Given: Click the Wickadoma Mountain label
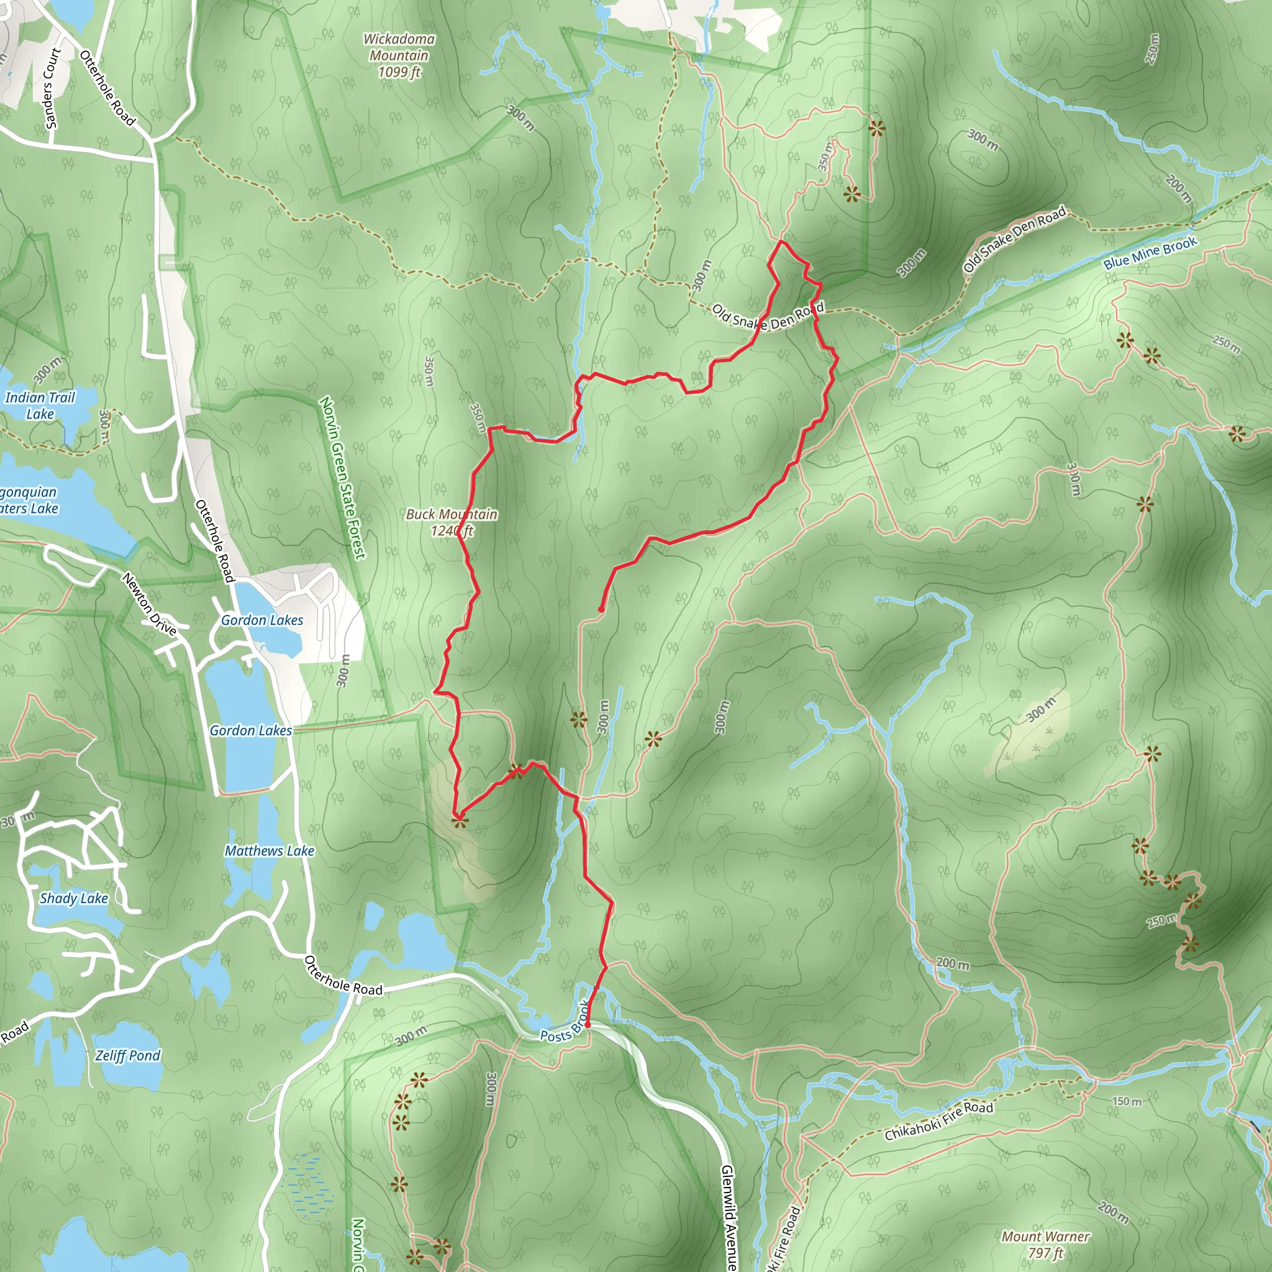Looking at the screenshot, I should [x=399, y=56].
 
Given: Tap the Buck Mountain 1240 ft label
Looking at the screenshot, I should [x=452, y=522].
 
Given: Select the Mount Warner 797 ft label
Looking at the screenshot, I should [x=1045, y=1244].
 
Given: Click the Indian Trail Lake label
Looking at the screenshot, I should [x=40, y=406].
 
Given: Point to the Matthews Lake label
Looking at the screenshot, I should [x=270, y=851].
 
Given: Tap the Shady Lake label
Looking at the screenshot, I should [x=74, y=898].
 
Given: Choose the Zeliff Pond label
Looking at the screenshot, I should [x=128, y=1055].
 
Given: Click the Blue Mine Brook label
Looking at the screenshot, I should [x=1150, y=253].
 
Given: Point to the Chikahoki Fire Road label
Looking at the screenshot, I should [x=938, y=1121].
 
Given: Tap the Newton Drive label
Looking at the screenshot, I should [x=150, y=604].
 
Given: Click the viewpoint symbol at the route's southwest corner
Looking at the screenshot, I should [x=459, y=821].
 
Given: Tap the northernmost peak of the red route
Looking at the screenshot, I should [x=781, y=242].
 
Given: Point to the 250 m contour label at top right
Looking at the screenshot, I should [x=1152, y=50].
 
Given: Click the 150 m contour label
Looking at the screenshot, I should [x=1127, y=1101].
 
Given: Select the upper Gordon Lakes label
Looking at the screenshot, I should [x=262, y=620].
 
